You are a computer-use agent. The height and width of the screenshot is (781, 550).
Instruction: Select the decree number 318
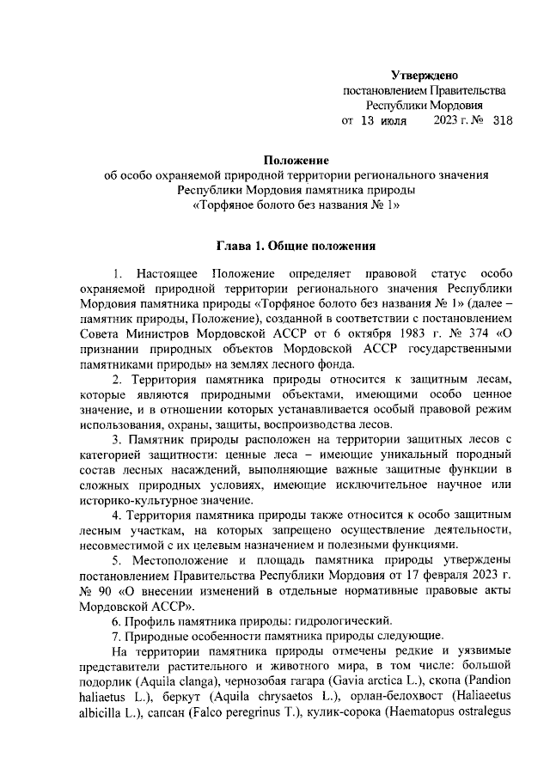(x=502, y=121)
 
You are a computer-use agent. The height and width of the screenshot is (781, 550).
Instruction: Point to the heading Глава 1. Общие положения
(x=296, y=246)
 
